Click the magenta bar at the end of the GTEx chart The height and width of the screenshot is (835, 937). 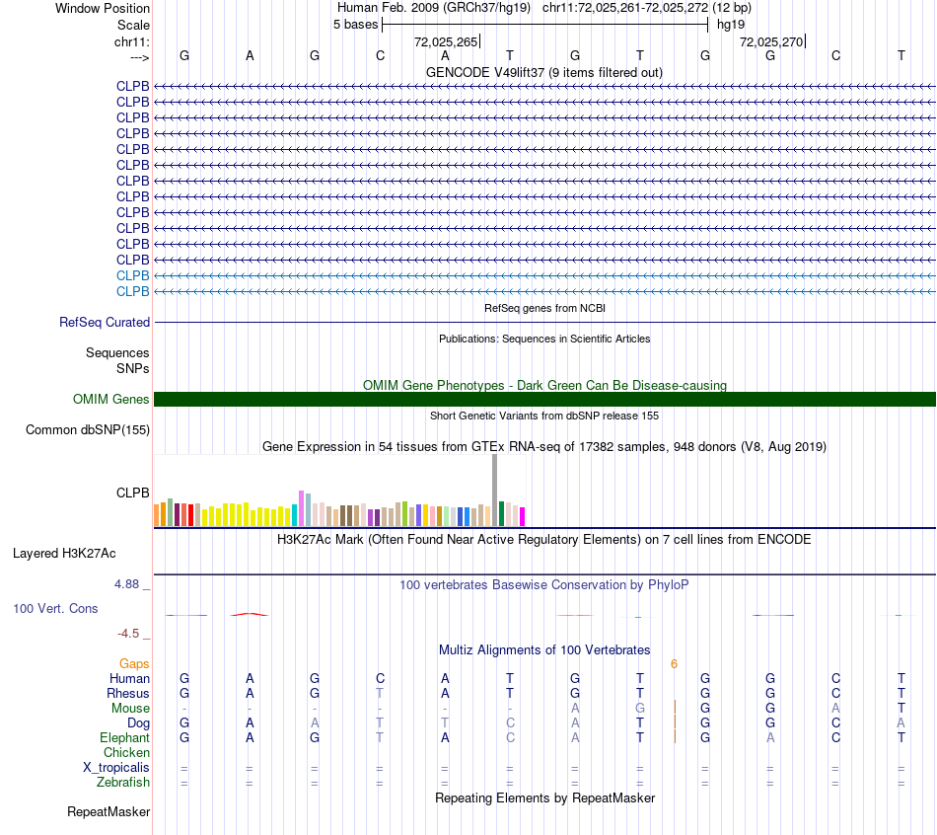click(x=523, y=516)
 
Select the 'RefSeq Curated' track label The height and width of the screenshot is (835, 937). click(x=105, y=322)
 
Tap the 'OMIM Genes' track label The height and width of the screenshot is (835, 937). click(x=111, y=400)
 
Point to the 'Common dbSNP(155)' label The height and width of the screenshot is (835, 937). click(x=88, y=430)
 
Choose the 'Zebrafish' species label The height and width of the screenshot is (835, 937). click(x=124, y=783)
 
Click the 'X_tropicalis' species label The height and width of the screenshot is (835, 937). click(x=116, y=768)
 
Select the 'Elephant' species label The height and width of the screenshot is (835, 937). click(x=124, y=738)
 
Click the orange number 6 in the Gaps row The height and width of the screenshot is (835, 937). click(x=674, y=664)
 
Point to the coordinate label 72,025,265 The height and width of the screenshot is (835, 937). click(x=445, y=42)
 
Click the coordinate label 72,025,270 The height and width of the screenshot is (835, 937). click(x=770, y=42)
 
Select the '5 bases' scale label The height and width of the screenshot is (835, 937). click(x=355, y=24)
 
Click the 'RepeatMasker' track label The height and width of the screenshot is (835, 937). click(x=108, y=812)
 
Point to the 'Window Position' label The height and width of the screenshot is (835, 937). click(x=103, y=8)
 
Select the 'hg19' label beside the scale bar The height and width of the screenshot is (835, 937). click(x=731, y=24)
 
